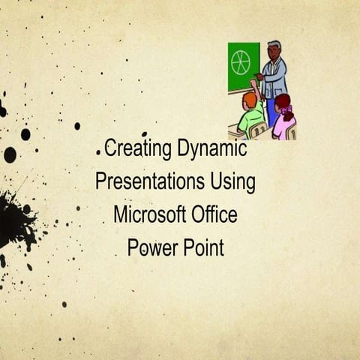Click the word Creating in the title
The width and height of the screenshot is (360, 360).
click(138, 149)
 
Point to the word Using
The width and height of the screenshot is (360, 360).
click(231, 182)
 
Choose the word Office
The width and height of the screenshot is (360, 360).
click(214, 215)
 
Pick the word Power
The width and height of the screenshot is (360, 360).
click(149, 247)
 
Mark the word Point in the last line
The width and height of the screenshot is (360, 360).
click(200, 247)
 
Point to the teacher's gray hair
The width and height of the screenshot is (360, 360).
click(274, 46)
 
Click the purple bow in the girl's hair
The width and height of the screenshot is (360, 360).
click(287, 109)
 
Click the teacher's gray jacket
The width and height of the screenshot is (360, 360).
click(275, 79)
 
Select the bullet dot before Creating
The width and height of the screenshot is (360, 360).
click(98, 152)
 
